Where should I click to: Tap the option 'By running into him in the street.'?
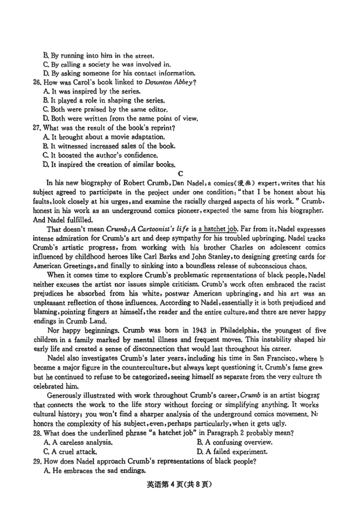pyautogui.click(x=99, y=56)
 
